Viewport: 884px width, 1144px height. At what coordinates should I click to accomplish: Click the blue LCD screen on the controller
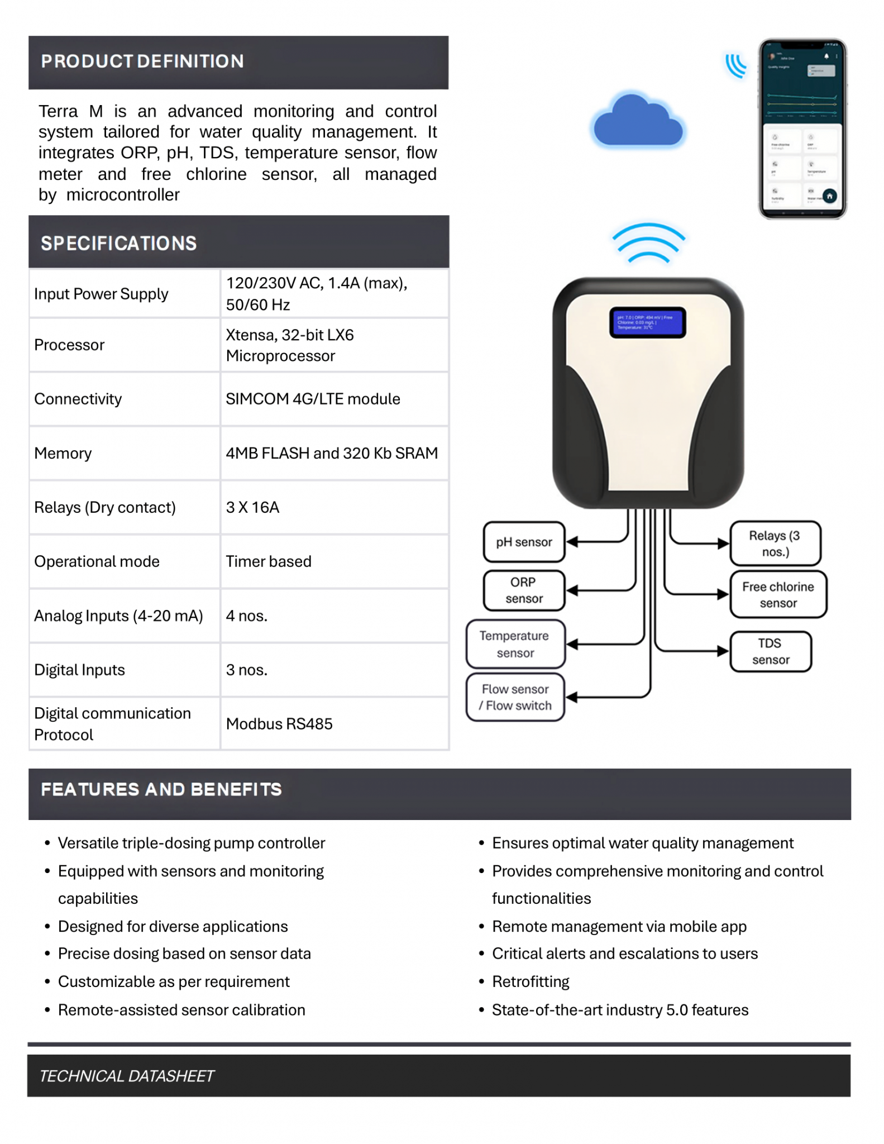[647, 322]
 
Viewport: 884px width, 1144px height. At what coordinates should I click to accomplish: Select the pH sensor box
[524, 542]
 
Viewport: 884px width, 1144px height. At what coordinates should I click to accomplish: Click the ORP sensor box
[524, 590]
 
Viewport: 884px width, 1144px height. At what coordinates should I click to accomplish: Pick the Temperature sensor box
[515, 644]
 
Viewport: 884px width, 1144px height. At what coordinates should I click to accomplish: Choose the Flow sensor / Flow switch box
[515, 697]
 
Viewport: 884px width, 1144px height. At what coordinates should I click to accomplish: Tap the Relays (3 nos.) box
[775, 544]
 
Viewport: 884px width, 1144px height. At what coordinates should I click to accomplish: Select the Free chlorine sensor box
[778, 595]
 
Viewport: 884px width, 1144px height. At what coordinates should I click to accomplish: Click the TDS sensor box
[770, 651]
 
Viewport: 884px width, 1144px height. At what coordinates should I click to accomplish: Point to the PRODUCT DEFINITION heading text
[142, 61]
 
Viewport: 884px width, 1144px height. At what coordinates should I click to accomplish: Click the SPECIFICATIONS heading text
[119, 244]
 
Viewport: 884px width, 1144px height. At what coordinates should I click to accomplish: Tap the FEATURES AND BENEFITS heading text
[161, 789]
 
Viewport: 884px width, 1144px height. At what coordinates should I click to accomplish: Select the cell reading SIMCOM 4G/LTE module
[313, 399]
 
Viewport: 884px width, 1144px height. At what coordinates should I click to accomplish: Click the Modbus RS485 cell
[279, 724]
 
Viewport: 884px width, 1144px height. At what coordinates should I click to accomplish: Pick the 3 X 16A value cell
[252, 507]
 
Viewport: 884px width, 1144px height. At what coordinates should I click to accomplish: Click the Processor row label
[69, 345]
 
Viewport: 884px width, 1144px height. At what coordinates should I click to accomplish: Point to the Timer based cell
[269, 561]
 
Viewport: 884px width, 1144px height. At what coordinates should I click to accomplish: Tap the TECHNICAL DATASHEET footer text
[127, 1076]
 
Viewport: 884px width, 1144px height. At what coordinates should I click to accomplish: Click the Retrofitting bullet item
[531, 981]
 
